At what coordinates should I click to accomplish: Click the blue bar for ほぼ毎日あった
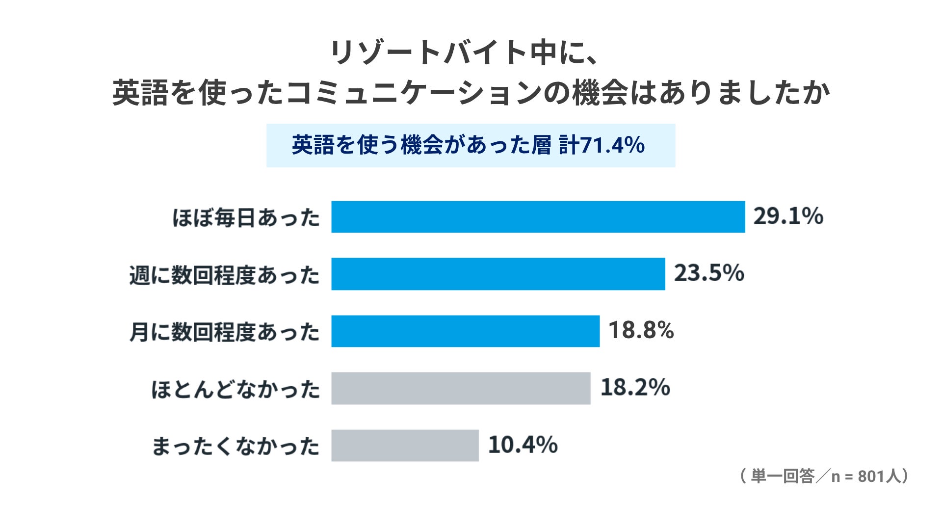point(538,216)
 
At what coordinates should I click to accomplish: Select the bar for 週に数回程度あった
point(498,274)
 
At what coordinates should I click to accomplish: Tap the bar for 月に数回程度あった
point(465,331)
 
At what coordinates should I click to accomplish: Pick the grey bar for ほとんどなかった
point(461,388)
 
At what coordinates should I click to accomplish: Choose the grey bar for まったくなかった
point(405,445)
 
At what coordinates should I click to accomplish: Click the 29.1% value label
point(788,216)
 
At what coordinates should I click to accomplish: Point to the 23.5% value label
point(709,273)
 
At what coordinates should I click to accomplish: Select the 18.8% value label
point(641,330)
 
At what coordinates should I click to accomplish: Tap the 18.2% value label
point(635,387)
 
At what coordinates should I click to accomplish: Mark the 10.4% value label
point(523,445)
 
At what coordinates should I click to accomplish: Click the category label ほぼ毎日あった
point(246,217)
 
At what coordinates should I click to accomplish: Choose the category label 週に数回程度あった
point(225,275)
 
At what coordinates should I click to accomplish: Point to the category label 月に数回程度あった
point(225,332)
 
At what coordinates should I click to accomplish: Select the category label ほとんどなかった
point(235,389)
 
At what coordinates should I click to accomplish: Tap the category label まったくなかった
point(235,446)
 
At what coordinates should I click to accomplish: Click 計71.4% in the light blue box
point(602,145)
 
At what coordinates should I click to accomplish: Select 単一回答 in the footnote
point(783,476)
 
